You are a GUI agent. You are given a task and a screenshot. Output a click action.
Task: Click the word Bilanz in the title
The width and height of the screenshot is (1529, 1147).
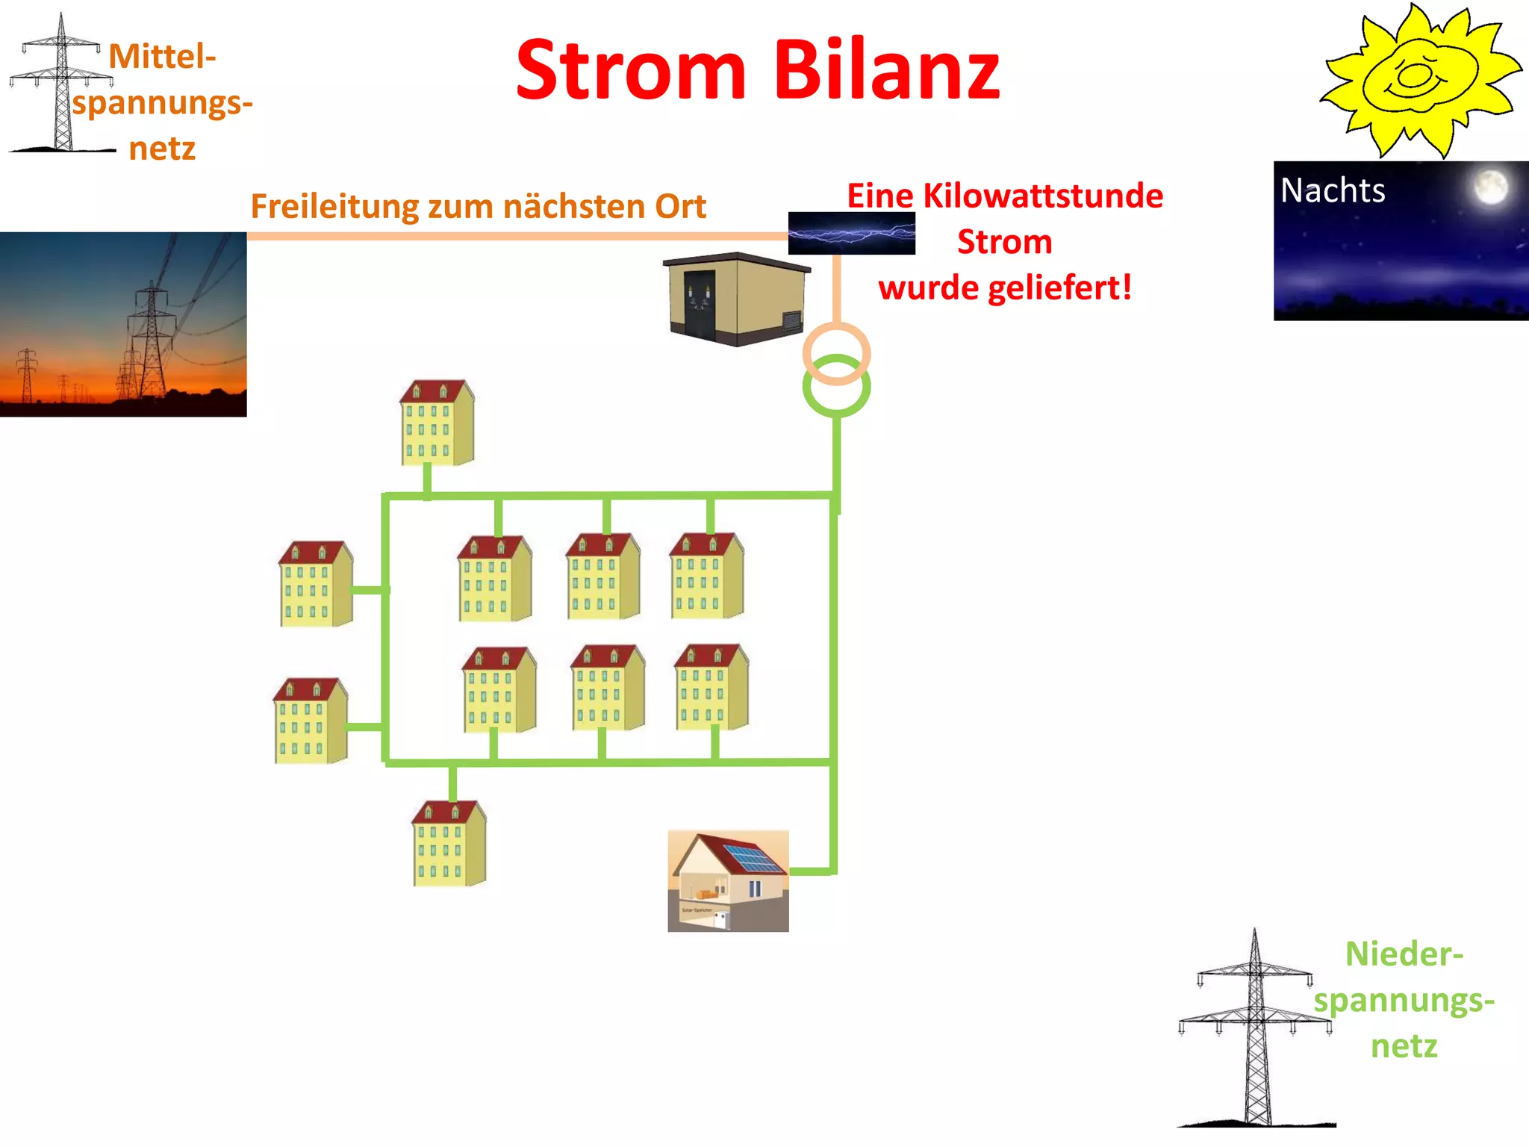(x=886, y=70)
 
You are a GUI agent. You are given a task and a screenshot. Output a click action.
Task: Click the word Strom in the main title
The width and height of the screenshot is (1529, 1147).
(x=631, y=70)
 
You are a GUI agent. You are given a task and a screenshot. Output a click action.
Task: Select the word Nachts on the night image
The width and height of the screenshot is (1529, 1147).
(x=1333, y=190)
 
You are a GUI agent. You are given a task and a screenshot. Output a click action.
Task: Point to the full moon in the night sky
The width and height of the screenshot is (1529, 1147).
(x=1490, y=187)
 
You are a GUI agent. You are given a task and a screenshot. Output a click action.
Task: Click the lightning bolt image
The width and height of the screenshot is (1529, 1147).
(x=851, y=233)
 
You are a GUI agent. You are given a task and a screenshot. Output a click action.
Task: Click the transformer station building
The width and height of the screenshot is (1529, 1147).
(x=735, y=299)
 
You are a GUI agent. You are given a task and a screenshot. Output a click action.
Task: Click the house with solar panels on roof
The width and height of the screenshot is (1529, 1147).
(x=728, y=881)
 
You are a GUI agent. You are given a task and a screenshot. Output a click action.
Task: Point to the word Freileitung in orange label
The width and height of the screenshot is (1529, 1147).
(x=334, y=207)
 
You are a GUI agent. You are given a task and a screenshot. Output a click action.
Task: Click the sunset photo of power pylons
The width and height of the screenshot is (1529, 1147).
(x=123, y=324)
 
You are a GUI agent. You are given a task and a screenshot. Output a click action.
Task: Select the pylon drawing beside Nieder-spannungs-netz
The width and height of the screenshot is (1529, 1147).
(x=1256, y=1031)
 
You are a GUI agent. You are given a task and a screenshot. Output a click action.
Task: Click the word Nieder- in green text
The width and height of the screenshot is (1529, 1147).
(x=1404, y=954)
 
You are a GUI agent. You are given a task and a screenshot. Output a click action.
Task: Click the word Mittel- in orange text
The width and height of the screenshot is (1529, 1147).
(x=162, y=57)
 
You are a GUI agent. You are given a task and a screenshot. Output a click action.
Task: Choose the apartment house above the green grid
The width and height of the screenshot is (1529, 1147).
(x=437, y=423)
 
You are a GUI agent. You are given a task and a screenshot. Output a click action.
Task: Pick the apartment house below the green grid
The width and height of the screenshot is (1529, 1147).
(x=449, y=844)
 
